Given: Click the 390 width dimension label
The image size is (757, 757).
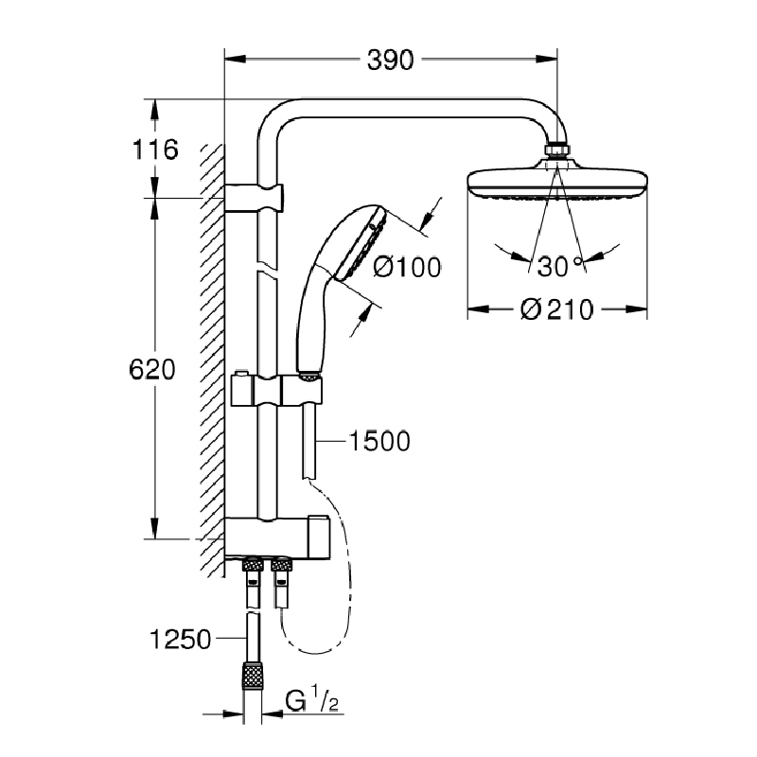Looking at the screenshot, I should point(391,60).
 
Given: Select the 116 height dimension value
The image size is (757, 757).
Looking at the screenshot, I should point(155,149).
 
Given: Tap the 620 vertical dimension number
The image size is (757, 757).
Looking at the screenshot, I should point(153,369).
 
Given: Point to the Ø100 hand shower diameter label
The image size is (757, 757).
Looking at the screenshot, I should point(407,268).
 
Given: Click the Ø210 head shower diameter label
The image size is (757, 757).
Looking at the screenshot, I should point(557,309).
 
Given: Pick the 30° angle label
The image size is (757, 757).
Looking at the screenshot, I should point(559,267).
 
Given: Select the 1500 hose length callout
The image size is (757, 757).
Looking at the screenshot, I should point(378,441).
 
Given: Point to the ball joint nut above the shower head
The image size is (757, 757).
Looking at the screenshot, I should point(558,151).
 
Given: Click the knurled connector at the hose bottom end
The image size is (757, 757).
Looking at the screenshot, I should point(252,678).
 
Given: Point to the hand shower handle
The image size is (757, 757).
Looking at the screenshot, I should point(309,322).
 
